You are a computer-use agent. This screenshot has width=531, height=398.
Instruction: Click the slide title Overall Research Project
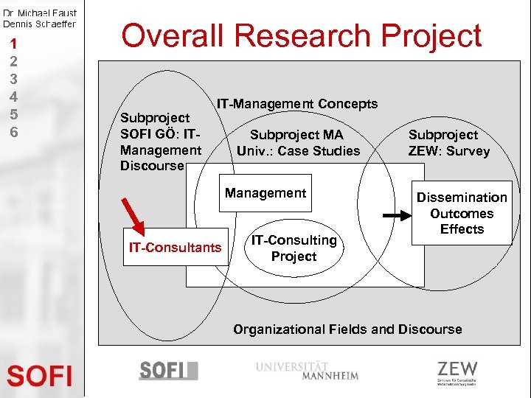tap(301, 35)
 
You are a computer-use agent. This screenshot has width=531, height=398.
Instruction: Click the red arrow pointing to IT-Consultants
tap(134, 212)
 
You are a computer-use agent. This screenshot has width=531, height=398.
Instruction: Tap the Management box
tap(265, 193)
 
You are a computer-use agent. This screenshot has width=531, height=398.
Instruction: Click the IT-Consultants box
tap(175, 248)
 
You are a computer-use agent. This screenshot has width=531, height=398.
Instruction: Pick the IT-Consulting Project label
tap(294, 248)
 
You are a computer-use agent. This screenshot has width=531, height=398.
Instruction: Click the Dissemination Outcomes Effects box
tap(462, 213)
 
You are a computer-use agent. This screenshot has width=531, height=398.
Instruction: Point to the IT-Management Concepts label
tap(296, 104)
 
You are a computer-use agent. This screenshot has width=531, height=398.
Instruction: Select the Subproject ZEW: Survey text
tap(448, 143)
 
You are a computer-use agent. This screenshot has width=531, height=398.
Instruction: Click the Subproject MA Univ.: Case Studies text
tap(298, 143)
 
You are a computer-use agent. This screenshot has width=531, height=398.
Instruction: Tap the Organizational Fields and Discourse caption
tap(347, 329)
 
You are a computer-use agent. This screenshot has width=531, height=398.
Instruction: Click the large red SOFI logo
tap(40, 376)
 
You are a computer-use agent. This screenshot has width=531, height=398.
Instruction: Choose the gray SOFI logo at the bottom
tap(168, 370)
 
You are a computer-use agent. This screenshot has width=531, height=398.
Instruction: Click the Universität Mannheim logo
tap(308, 370)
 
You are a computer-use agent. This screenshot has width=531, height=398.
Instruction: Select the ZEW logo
tap(457, 372)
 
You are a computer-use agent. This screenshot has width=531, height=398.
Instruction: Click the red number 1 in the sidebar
tap(13, 43)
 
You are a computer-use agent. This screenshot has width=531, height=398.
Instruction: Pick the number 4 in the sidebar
tap(13, 97)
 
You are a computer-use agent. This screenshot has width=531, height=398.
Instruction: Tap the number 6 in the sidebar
tap(13, 132)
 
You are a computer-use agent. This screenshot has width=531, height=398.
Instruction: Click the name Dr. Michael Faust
tap(40, 13)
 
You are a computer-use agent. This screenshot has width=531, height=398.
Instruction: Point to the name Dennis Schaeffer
tap(40, 24)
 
